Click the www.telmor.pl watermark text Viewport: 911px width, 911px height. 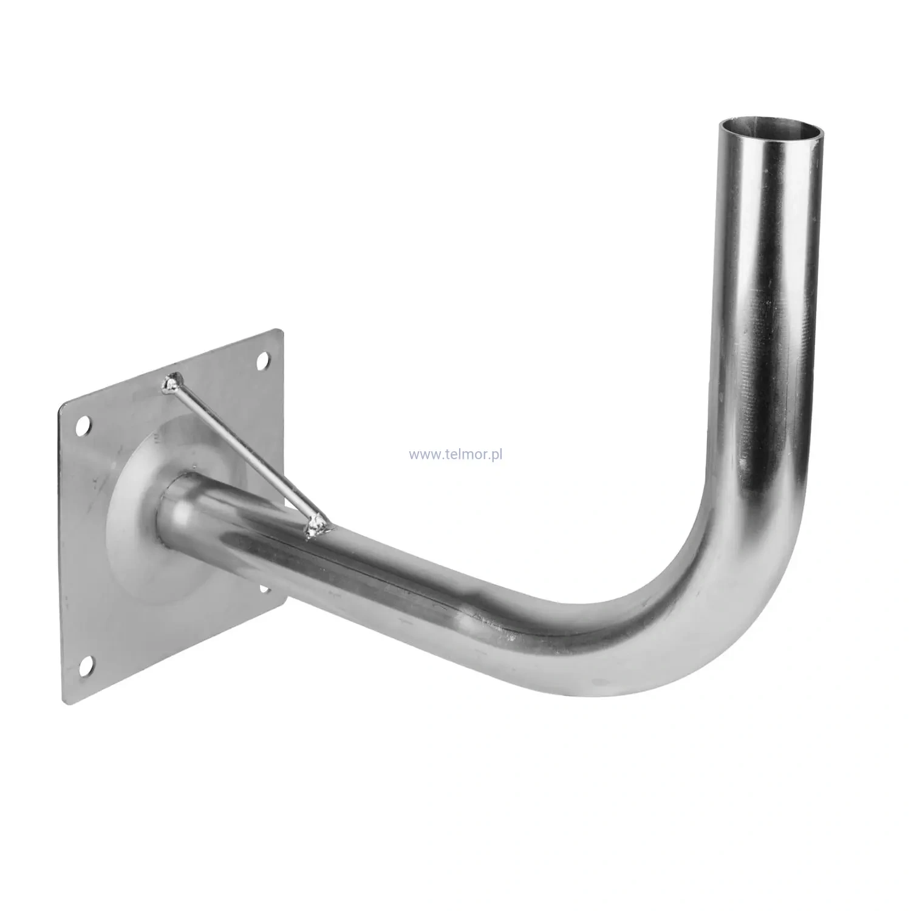459,454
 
